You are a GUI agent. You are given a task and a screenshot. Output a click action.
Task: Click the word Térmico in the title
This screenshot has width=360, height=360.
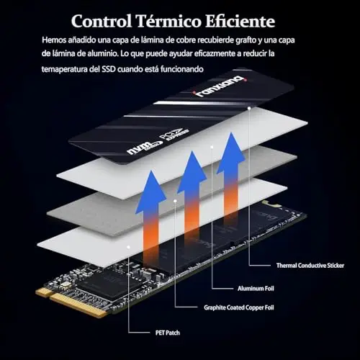click(168, 21)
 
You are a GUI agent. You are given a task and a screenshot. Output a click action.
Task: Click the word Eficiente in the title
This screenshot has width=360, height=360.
click(240, 21)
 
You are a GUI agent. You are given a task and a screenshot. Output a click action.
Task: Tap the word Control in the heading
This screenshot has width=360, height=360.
click(102, 21)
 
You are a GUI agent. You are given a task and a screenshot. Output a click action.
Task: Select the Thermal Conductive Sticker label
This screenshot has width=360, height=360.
click(310, 266)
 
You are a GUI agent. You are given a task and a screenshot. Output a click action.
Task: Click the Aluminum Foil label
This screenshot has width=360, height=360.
click(256, 288)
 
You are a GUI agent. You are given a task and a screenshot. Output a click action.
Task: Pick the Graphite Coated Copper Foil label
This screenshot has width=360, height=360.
click(239, 307)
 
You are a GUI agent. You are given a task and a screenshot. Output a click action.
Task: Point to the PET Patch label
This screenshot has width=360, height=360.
click(168, 333)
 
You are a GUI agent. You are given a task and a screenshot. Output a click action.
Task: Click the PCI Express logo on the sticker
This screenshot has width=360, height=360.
click(174, 135)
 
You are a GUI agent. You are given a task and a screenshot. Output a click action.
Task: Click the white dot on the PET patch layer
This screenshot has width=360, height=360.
click(129, 247)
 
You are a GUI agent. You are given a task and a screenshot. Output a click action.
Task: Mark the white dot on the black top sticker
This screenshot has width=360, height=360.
click(249, 108)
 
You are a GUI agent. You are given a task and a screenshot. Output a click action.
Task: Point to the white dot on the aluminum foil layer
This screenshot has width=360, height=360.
click(212, 147)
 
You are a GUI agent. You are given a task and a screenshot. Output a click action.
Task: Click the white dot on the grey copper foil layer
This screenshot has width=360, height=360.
click(176, 200)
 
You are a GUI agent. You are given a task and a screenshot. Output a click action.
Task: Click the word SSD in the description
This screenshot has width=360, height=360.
click(109, 69)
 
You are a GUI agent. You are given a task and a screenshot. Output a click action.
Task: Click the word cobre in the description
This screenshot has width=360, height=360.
click(186, 40)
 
